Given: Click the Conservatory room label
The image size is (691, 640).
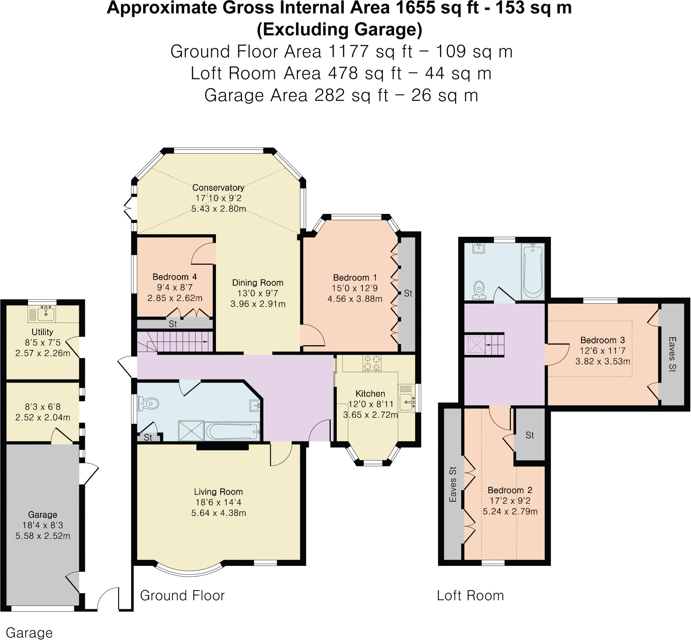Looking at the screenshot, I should pyautogui.click(x=218, y=188).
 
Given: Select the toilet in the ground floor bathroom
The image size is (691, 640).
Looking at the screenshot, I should pyautogui.click(x=149, y=403).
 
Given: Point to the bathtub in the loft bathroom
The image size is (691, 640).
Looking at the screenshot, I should pyautogui.click(x=533, y=271).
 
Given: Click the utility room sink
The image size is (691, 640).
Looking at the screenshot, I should pyautogui.click(x=46, y=314).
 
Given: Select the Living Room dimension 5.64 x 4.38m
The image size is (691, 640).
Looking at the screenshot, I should pyautogui.click(x=219, y=513).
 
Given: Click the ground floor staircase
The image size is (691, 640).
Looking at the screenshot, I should pyautogui.click(x=177, y=342).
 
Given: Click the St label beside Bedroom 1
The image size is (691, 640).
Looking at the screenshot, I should pyautogui.click(x=408, y=293).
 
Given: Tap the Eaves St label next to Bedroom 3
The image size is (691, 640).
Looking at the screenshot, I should pyautogui.click(x=672, y=354).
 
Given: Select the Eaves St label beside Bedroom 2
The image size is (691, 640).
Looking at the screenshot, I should pyautogui.click(x=453, y=484).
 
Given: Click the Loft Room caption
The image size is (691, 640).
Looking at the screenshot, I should pyautogui.click(x=470, y=595).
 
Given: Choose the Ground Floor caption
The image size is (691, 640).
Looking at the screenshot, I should pyautogui.click(x=182, y=595).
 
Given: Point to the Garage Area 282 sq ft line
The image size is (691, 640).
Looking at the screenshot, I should pyautogui.click(x=341, y=95).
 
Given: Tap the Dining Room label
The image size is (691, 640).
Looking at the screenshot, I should pyautogui.click(x=257, y=283).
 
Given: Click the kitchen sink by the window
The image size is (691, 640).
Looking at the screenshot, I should pyautogui.click(x=407, y=402).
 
